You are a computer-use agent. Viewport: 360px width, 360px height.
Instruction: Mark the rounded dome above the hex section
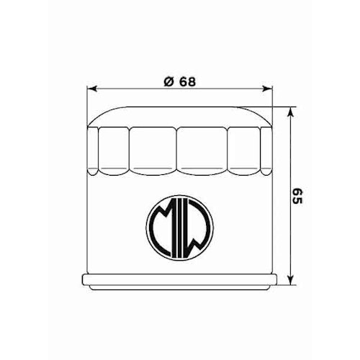(180, 115)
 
